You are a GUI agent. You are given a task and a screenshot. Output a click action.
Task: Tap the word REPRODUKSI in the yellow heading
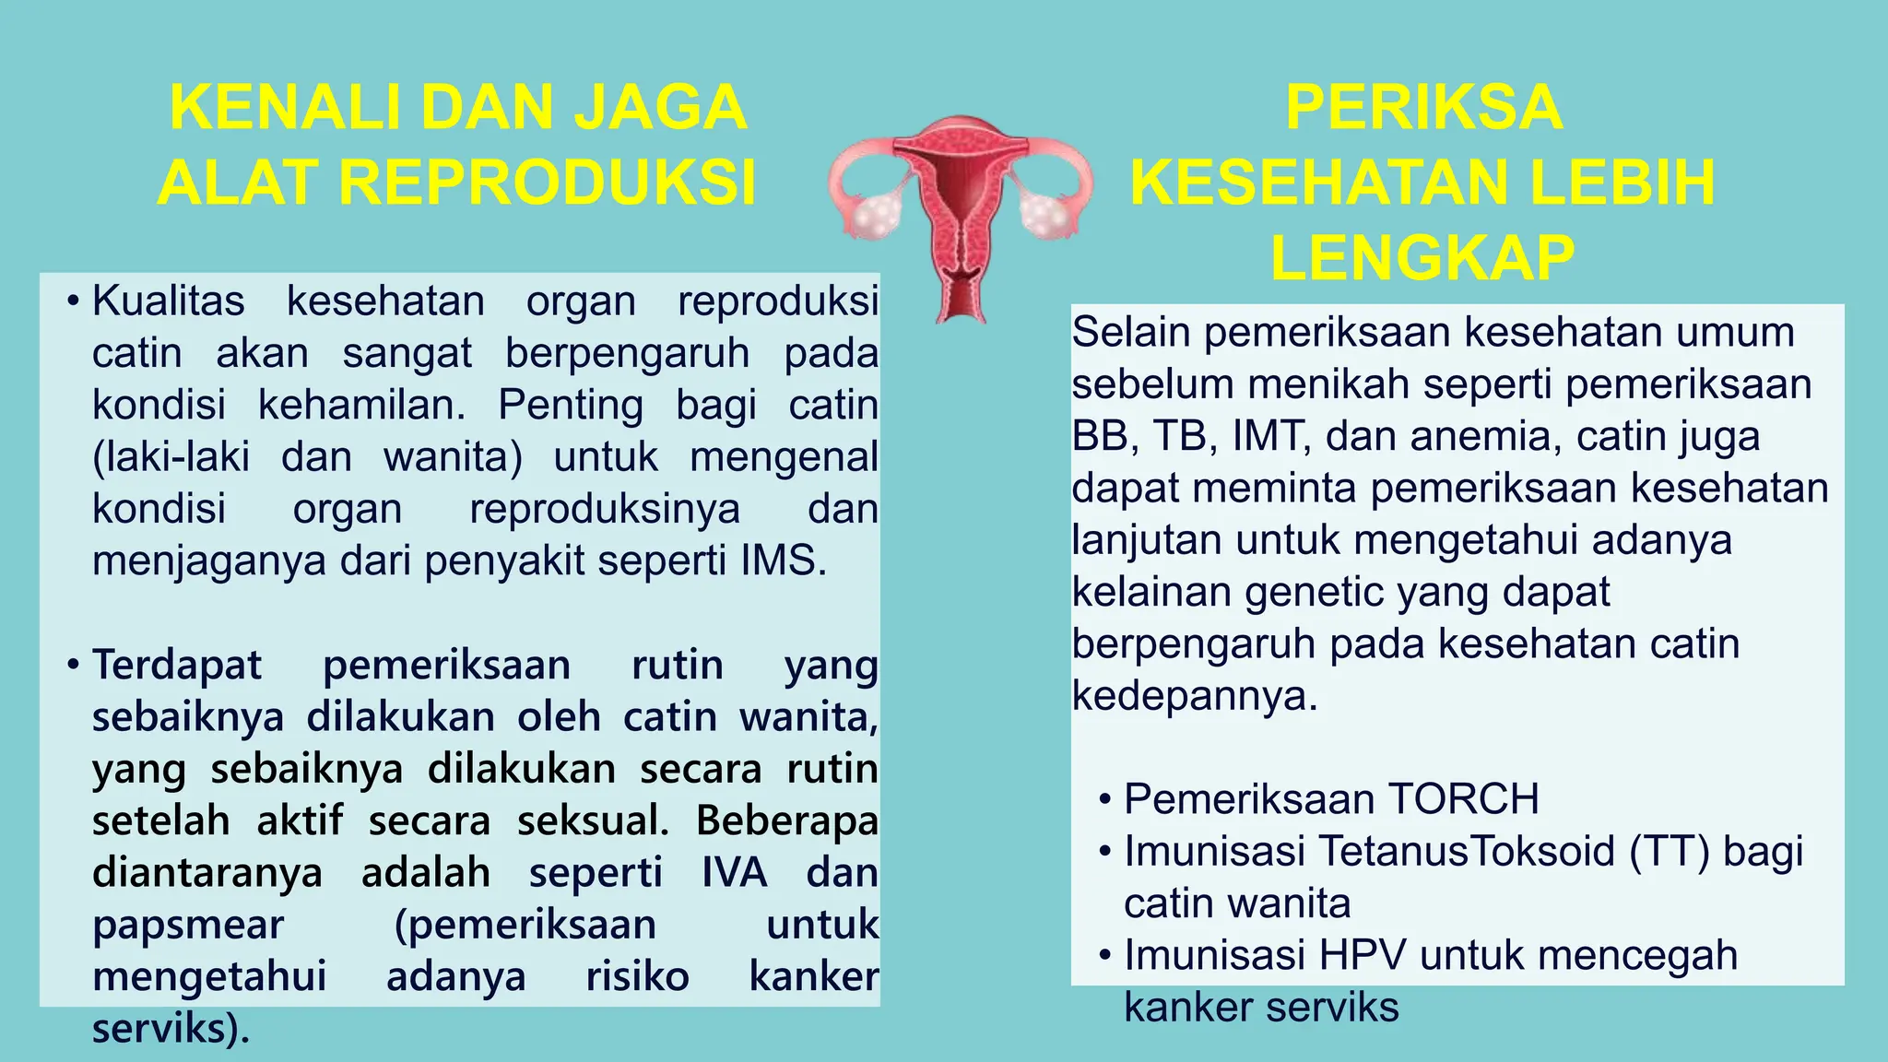(548, 182)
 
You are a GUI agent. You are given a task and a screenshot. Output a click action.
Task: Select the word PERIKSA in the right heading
(1423, 108)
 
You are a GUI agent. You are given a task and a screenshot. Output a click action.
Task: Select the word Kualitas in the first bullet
(169, 301)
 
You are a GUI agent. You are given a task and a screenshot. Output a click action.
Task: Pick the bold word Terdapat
(177, 665)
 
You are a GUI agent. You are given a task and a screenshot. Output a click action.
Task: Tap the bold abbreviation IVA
(734, 872)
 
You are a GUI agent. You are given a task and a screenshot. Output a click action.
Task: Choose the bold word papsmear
(188, 925)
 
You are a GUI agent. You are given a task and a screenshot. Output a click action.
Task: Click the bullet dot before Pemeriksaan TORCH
(1104, 798)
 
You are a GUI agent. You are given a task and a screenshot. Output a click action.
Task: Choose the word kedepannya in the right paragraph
(1195, 696)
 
